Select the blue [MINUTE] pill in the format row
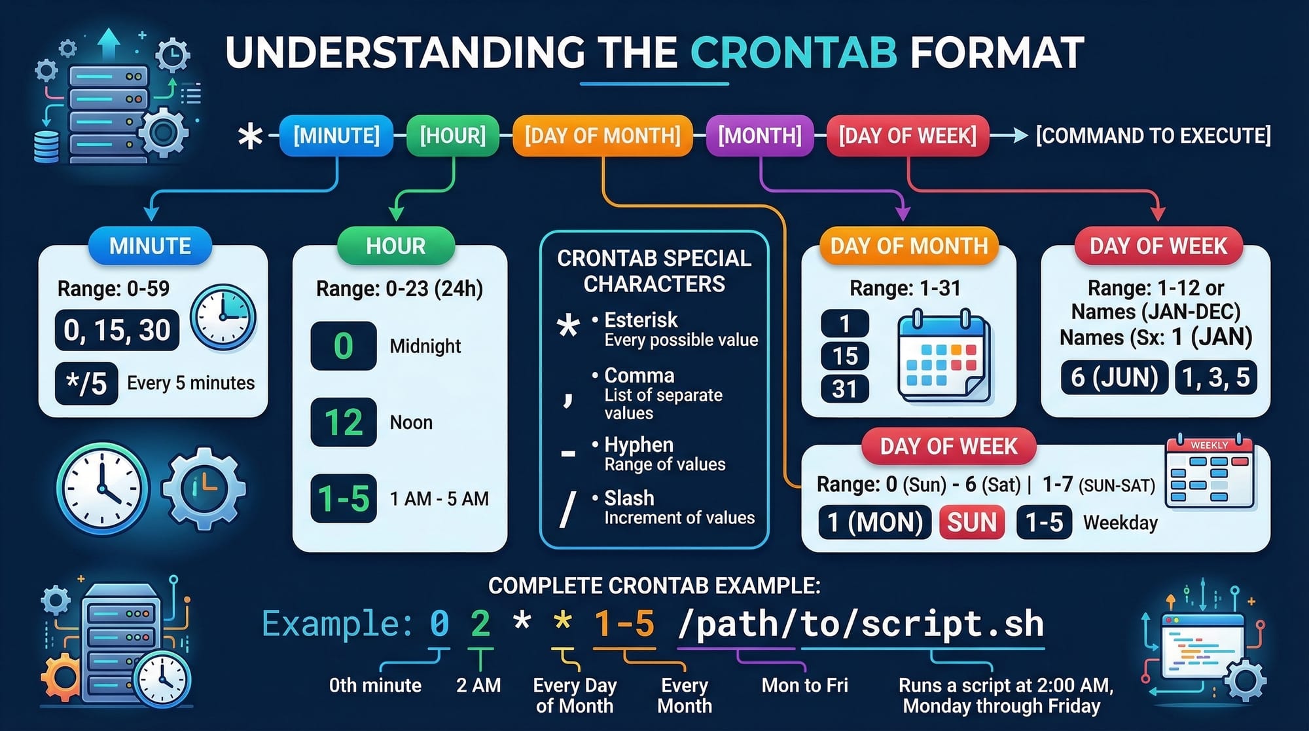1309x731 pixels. coord(336,136)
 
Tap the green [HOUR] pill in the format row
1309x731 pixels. coord(453,136)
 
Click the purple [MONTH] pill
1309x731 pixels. coord(760,136)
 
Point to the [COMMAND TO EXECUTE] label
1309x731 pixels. coord(1153,136)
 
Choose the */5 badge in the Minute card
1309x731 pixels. coord(86,383)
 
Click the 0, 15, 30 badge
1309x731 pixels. coord(117,330)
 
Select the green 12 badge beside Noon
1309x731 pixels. coord(344,422)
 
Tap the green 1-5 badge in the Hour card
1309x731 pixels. coord(344,498)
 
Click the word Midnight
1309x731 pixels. coord(425,346)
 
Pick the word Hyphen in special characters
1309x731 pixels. coord(639,445)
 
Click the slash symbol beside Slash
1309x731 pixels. coord(568,509)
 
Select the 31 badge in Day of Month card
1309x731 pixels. coord(845,389)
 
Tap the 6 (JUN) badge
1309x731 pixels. coord(1115,377)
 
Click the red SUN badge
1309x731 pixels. coord(972,522)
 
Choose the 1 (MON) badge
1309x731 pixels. coord(875,522)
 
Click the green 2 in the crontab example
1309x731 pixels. coord(480,623)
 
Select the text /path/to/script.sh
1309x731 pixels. coord(861,624)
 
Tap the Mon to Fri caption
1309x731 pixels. coord(804,685)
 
